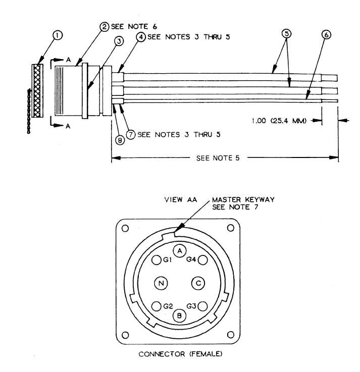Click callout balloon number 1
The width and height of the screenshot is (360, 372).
(58, 36)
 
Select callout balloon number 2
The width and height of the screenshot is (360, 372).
(105, 26)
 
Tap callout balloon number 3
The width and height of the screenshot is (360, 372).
(119, 41)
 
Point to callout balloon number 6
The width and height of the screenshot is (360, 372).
(326, 35)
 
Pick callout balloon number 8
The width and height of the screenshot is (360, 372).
(120, 140)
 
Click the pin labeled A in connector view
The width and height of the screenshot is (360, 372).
(180, 251)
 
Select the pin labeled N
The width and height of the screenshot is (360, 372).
(161, 283)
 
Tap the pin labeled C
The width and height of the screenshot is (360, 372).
(198, 283)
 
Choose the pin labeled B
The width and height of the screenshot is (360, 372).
(179, 315)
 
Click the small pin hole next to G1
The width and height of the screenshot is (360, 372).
(156, 260)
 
